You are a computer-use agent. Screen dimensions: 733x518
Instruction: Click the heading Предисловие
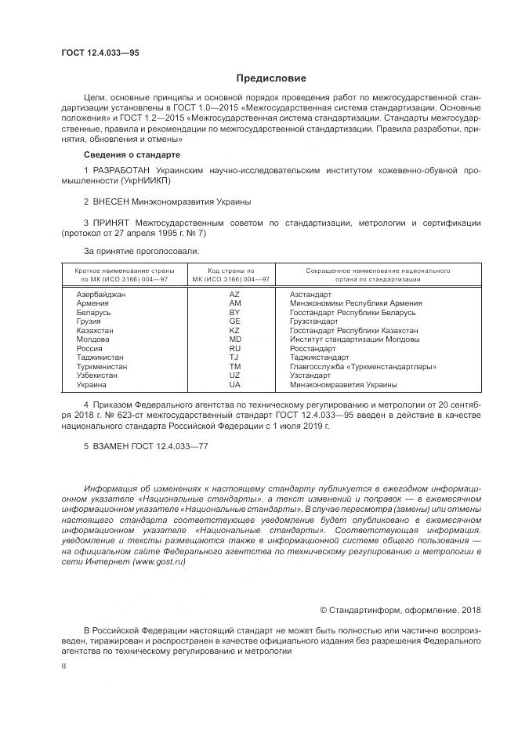(271, 78)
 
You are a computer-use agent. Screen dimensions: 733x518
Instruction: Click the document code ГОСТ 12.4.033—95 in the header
(100, 53)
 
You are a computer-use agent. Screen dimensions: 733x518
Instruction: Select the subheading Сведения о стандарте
(126, 155)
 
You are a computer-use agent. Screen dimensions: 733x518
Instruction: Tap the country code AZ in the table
(234, 293)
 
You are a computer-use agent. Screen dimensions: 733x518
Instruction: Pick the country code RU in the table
(234, 348)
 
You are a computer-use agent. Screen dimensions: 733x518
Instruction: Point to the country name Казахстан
(95, 330)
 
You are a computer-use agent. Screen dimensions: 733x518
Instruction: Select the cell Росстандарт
(313, 348)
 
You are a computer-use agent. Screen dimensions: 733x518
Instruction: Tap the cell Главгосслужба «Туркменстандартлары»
(363, 367)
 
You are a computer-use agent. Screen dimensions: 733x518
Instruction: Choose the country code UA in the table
(234, 385)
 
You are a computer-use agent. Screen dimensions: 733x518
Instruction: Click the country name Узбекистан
(96, 376)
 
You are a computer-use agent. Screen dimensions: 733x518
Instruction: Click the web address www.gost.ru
(159, 562)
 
